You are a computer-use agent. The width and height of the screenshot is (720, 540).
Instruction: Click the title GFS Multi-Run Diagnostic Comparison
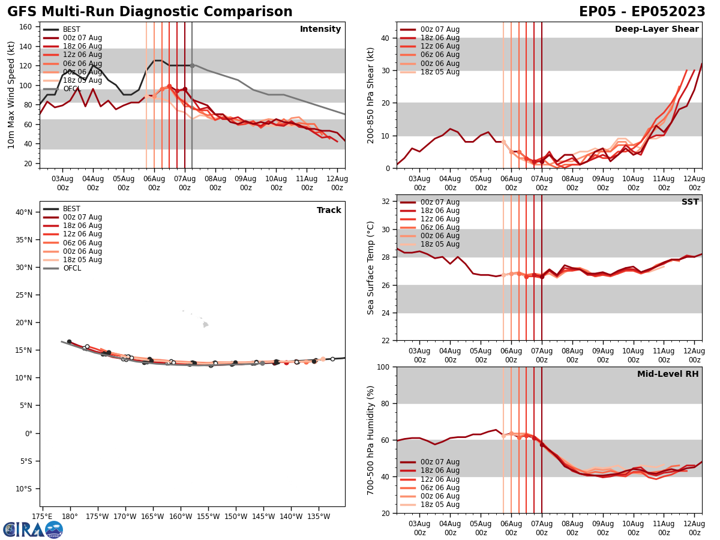pos(150,12)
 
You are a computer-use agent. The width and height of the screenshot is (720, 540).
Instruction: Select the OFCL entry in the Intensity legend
pos(71,89)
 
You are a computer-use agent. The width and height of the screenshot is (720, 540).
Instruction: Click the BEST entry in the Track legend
pos(71,209)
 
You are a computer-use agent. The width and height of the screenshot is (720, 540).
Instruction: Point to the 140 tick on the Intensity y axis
pos(29,46)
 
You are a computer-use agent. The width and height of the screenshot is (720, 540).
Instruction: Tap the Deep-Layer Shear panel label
pos(656,29)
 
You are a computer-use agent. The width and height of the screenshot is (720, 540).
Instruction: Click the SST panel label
pos(690,202)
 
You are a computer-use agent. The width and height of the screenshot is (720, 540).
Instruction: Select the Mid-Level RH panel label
pos(668,374)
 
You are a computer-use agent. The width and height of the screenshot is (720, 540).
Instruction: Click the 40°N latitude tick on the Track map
pos(24,212)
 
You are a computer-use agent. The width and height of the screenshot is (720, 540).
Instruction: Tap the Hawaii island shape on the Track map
pos(205,325)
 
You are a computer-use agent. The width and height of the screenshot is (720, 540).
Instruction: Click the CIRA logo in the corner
pos(33,529)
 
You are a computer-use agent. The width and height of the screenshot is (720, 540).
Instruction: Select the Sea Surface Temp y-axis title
pos(371,268)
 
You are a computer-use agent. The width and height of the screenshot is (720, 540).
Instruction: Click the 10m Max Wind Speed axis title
pos(11,95)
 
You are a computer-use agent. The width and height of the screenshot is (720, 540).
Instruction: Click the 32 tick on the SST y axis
pos(386,202)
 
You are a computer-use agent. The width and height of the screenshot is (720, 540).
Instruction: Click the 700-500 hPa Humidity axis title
pos(371,440)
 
